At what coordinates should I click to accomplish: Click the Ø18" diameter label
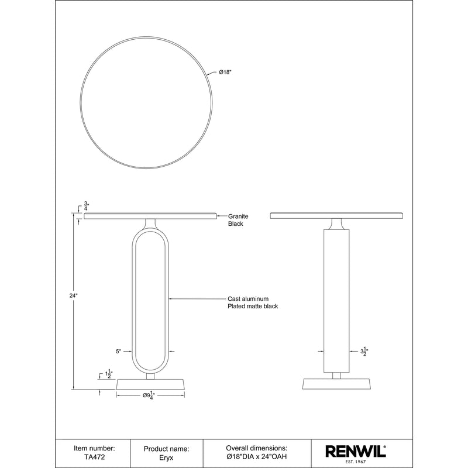click(x=226, y=73)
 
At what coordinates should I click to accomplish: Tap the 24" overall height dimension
click(x=73, y=296)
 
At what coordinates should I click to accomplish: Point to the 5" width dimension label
click(x=118, y=352)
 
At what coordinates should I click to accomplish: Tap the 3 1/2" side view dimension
click(x=363, y=352)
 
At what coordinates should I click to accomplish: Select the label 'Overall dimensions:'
click(x=257, y=448)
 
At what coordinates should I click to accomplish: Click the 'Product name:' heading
click(x=166, y=448)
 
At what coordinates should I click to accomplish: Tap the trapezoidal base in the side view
click(x=337, y=385)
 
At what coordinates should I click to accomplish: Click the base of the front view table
click(x=151, y=385)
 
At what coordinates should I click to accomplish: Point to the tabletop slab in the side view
click(x=337, y=216)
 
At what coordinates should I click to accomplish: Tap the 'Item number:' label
click(x=94, y=448)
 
